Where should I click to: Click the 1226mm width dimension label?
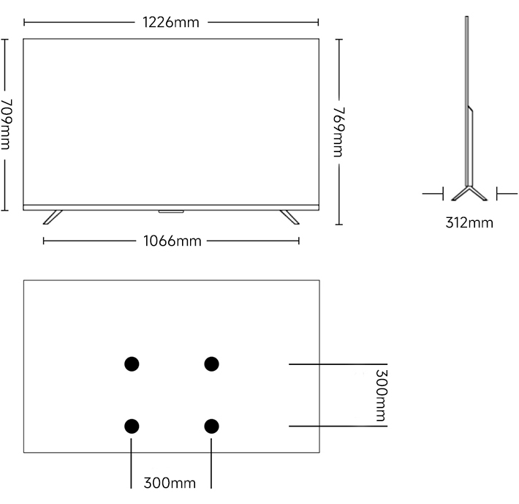pos(171,23)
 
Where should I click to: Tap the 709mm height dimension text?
pos(6,124)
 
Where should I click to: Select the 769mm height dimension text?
pos(338,132)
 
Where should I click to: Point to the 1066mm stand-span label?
pos(172,241)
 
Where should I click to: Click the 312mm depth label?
pos(469,222)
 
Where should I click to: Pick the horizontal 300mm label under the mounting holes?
pos(170,483)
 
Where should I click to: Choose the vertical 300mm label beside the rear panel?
pos(381,395)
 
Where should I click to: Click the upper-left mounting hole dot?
pos(132,364)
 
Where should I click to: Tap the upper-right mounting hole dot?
pos(211,364)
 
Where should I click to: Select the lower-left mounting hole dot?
pos(132,426)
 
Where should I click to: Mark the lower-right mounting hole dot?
pos(211,426)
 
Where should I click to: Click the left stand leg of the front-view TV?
pos(53,217)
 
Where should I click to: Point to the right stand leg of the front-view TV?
pos(289,217)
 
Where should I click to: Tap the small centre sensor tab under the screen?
pos(171,211)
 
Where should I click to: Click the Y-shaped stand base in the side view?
pos(469,194)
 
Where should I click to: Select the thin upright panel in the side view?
pos(469,101)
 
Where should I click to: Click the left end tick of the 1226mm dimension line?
pos(24,23)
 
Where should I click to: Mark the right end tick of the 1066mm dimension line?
pos(299,241)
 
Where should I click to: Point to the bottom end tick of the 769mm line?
pos(339,225)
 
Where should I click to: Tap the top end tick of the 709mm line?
pos(4,39)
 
